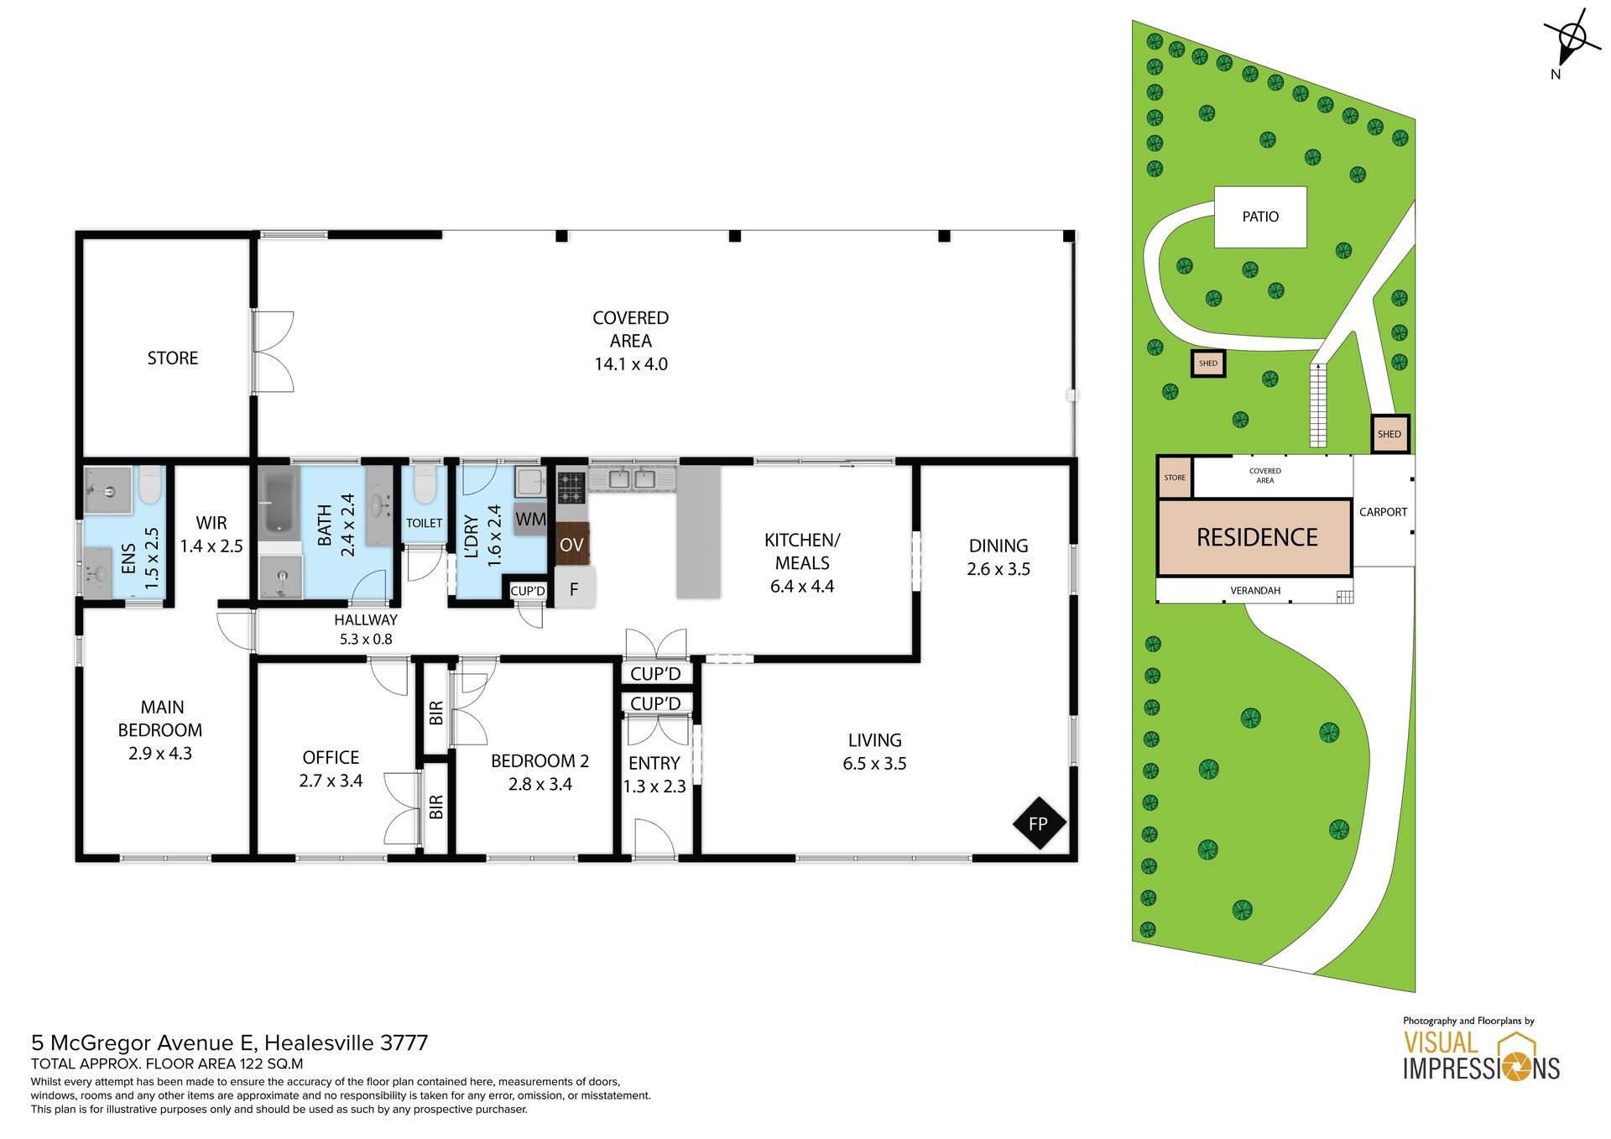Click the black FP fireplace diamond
pos(1038,823)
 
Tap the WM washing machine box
pos(530,519)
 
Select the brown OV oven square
pos(572,545)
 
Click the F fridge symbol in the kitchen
pos(575,588)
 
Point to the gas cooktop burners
pos(572,486)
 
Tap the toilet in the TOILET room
pos(425,484)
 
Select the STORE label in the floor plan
pos(173,358)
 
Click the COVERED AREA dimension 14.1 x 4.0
pos(631,364)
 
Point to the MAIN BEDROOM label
pos(160,718)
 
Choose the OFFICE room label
pos(331,757)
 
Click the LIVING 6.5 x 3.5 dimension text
pos(874,764)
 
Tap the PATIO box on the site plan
pos(1260,217)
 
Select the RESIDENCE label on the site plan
pos(1257,537)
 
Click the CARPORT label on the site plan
pos(1384,512)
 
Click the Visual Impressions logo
pos(1481,1056)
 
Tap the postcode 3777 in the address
pos(404,1043)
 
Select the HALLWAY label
pos(366,620)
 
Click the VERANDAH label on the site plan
pos(1255,591)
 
